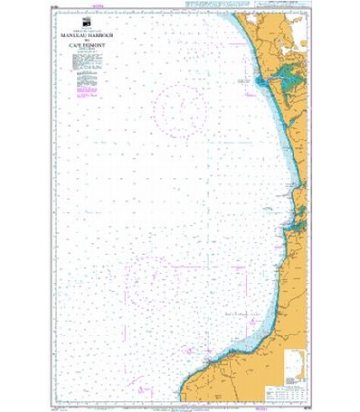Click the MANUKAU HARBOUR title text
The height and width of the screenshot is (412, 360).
(x=91, y=39)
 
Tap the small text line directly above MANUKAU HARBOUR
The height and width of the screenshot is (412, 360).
(x=91, y=34)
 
